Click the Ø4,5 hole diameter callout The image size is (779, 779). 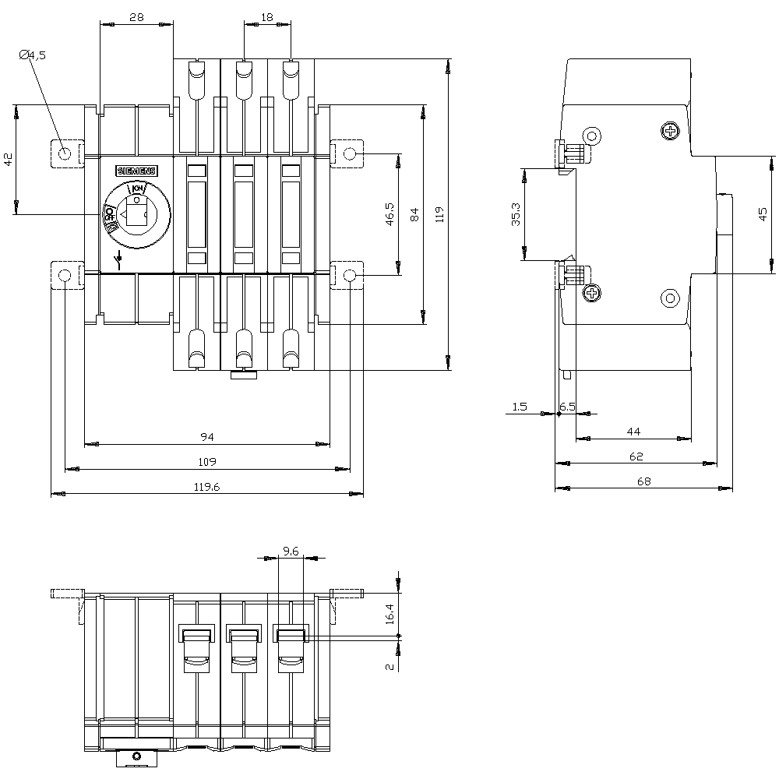click(33, 55)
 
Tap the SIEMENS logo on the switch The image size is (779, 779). click(136, 171)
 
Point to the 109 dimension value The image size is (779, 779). click(206, 462)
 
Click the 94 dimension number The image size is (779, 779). click(206, 436)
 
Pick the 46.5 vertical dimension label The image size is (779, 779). click(390, 214)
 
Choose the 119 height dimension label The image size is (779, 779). click(439, 214)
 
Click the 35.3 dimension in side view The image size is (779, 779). click(516, 215)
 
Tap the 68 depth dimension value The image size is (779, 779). click(643, 481)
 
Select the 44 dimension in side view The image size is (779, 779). click(633, 431)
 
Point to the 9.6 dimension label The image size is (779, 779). click(291, 551)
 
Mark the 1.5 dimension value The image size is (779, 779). click(520, 407)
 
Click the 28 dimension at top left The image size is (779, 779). click(136, 16)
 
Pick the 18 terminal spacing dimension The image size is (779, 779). click(267, 16)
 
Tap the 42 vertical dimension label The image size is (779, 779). click(8, 160)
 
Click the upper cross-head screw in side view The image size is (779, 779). click(669, 131)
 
